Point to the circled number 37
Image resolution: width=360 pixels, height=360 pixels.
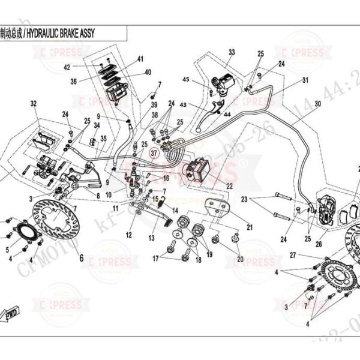(x=156, y=153)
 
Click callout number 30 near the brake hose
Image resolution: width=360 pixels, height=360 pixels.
(x=318, y=104)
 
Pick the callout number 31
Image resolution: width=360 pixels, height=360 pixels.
(x=305, y=80)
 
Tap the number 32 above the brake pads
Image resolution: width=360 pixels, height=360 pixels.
(x=34, y=104)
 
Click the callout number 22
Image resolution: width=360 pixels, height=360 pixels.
(x=229, y=187)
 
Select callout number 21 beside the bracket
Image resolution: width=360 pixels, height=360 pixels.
(x=249, y=227)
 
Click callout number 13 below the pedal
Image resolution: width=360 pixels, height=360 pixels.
(x=151, y=238)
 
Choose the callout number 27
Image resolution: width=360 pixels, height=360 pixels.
(x=294, y=255)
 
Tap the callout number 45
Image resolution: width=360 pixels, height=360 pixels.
(x=185, y=80)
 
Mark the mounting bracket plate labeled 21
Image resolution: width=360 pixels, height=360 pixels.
(x=216, y=208)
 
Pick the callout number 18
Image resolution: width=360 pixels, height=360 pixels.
(x=199, y=259)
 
